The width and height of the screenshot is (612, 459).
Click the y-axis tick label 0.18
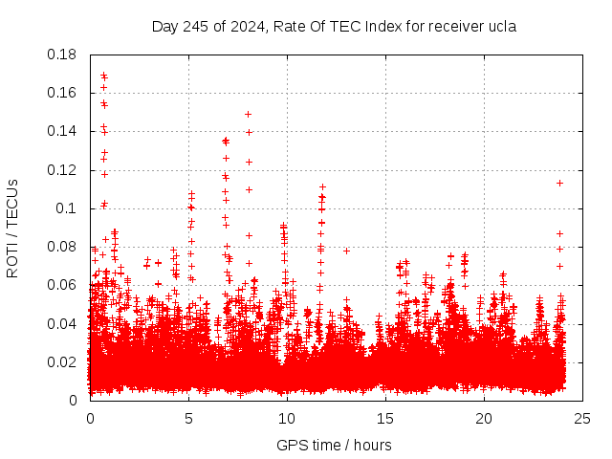[x=63, y=55]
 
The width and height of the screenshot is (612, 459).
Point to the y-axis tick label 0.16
[x=63, y=93]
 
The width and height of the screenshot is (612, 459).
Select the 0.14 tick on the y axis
[x=63, y=131]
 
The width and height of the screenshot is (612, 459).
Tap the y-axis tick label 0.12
[x=63, y=170]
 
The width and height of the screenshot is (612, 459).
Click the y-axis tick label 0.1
[x=67, y=208]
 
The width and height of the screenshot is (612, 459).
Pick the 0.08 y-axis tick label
[x=63, y=247]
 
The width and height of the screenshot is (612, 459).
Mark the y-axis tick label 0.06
[x=63, y=285]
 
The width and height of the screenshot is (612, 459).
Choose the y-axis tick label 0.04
[x=63, y=323]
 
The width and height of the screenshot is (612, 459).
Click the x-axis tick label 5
[x=188, y=419]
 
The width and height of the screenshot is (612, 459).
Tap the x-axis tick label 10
[x=287, y=419]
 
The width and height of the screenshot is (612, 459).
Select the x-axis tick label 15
[x=385, y=419]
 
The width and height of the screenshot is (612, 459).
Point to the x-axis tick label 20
[x=484, y=419]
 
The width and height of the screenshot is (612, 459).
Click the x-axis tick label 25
[x=582, y=419]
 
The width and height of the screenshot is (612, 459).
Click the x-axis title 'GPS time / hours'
[x=334, y=445]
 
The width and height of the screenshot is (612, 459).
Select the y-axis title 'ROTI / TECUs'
[x=13, y=228]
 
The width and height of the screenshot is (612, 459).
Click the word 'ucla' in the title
[x=500, y=26]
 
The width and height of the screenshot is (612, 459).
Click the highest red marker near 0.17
[x=103, y=75]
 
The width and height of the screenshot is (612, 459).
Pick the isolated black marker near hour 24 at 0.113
[x=559, y=183]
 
